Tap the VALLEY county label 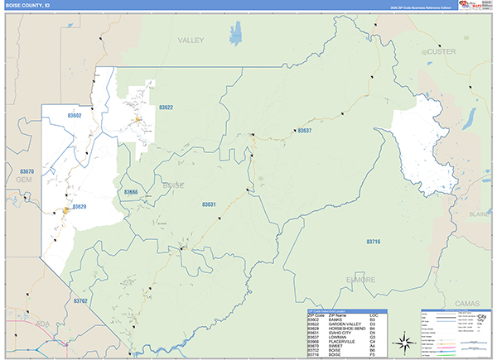(191, 40)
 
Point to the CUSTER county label (441, 51)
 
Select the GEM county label (22, 179)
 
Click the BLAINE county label (480, 214)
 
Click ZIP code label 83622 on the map (166, 108)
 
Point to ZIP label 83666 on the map (131, 192)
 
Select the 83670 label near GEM (27, 171)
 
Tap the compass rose (403, 342)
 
